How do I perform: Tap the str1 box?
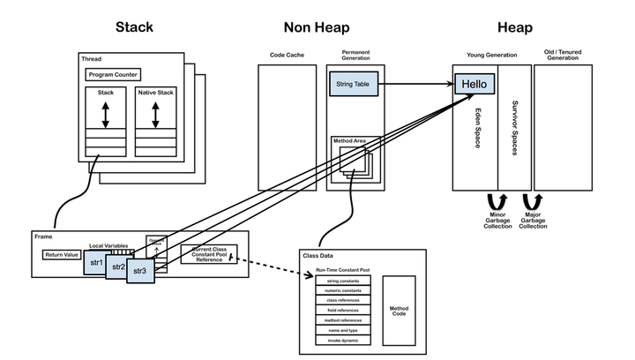pyautogui.click(x=97, y=263)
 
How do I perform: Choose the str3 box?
pyautogui.click(x=139, y=271)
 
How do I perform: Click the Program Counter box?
pyautogui.click(x=114, y=75)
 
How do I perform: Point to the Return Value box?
pyautogui.click(x=62, y=255)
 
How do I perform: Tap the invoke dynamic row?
pyautogui.click(x=343, y=340)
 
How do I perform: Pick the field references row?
pyautogui.click(x=343, y=310)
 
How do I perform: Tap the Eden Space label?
pyautogui.click(x=476, y=128)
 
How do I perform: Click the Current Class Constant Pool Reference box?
pyautogui.click(x=208, y=254)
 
